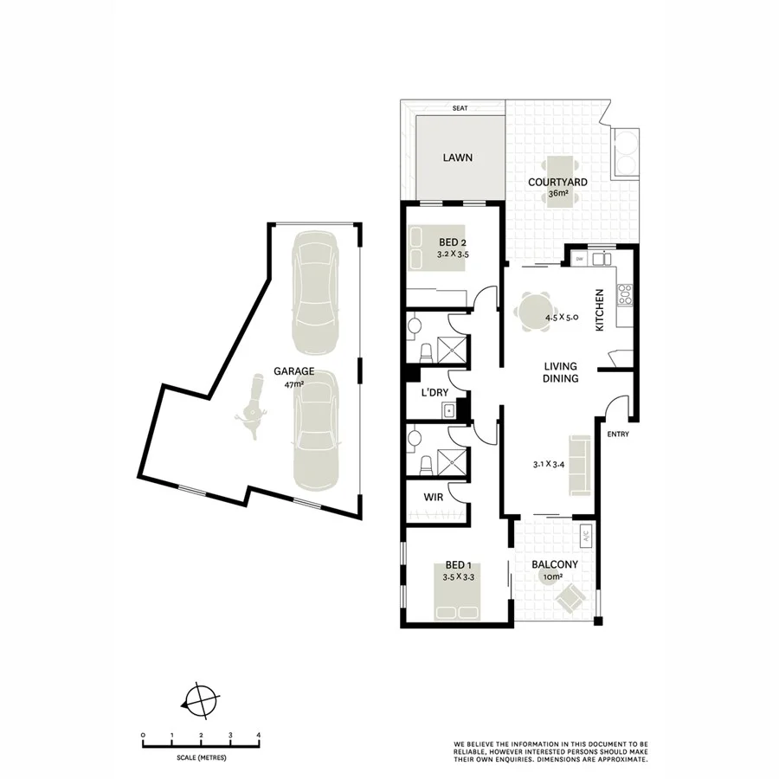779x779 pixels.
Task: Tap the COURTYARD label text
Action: [558, 182]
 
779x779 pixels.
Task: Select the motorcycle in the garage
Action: [253, 408]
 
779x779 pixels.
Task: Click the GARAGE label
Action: [294, 371]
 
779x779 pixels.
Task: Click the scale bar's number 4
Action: [259, 735]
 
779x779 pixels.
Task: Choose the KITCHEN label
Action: [598, 311]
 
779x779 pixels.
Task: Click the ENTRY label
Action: [618, 434]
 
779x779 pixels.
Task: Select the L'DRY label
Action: [435, 393]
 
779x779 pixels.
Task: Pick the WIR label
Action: [434, 498]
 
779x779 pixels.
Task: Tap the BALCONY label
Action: [557, 565]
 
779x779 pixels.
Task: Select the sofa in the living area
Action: [577, 467]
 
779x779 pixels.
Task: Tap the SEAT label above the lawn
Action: [460, 108]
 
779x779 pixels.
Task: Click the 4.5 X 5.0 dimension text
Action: [561, 318]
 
